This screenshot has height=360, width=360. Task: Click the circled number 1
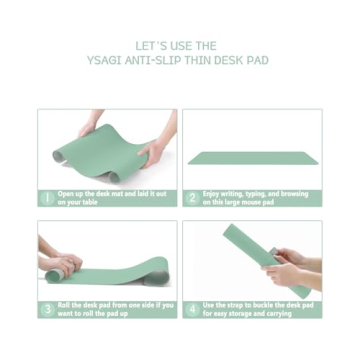[46, 198]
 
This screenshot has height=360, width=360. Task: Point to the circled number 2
[193, 198]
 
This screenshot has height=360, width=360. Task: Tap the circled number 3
[46, 309]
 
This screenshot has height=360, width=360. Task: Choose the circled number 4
[193, 309]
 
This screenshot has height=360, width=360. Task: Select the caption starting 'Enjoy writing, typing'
[255, 198]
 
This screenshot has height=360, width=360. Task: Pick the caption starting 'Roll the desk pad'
[110, 309]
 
